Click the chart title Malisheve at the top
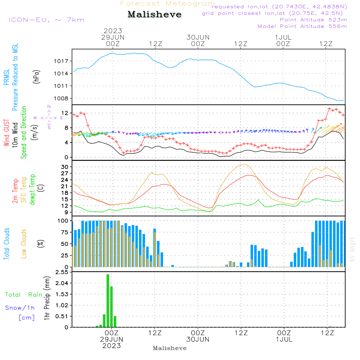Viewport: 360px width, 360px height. coord(154,14)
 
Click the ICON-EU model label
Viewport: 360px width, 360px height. coord(29,20)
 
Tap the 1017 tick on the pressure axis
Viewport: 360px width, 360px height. coord(61,61)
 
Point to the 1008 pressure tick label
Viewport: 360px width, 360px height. coord(61,99)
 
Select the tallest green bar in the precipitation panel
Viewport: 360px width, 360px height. coord(108,301)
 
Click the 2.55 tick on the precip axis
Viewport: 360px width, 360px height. coord(62,272)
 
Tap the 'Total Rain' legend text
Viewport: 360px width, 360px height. coord(23,295)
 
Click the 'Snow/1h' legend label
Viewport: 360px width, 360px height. coord(20,308)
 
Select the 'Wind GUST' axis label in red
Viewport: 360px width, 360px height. coord(6,132)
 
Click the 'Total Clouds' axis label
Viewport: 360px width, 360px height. coord(6,244)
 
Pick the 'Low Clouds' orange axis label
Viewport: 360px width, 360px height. coord(24,244)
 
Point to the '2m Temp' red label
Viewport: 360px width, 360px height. coord(15,191)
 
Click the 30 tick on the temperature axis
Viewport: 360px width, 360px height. coord(65,167)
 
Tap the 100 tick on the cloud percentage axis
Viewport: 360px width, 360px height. coord(63,221)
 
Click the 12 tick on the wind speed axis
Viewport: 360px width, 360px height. coord(65,113)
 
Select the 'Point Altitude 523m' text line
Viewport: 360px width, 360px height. coord(314,20)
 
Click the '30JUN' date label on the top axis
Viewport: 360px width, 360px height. coord(198,37)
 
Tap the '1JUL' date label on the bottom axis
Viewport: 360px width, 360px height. coord(284,339)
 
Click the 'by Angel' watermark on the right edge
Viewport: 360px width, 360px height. coord(352,249)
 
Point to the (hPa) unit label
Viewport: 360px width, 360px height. coord(36,77)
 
